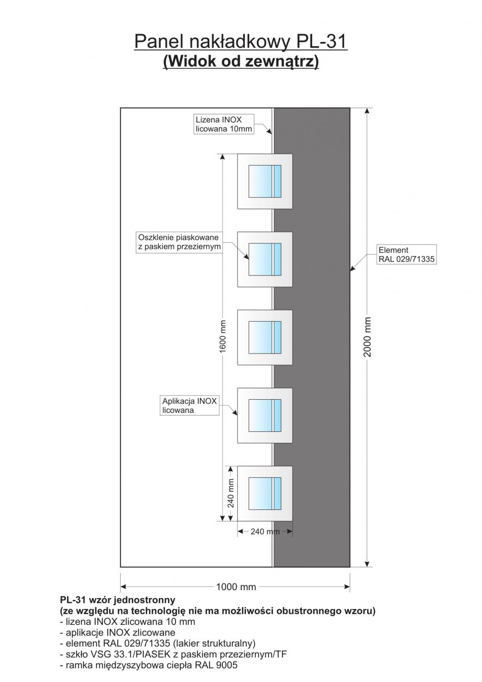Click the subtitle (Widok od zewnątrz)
coord(241,61)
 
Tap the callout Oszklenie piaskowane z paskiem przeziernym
coord(179,242)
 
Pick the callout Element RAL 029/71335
coord(407,254)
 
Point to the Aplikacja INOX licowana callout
coord(189,406)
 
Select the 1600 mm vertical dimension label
coord(222,337)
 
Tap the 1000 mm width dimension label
coord(236,587)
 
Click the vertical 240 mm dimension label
coord(230,493)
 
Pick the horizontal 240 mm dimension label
coord(264,531)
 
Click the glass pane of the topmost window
coord(265,181)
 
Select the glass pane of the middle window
coord(265,337)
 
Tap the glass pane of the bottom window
coord(265,493)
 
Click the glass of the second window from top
coord(265,259)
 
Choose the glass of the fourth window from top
coord(265,415)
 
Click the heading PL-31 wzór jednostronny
coord(117,600)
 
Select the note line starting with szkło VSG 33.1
coord(173,654)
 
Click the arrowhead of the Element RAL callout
coord(351,270)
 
